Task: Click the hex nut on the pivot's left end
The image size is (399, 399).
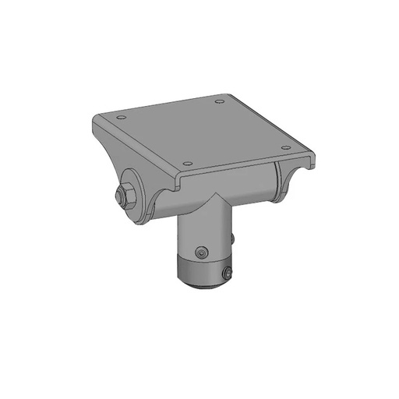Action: pyautogui.click(x=125, y=196)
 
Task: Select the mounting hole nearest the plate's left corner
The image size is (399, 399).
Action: pyautogui.click(x=120, y=118)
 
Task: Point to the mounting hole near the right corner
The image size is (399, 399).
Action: pyautogui.click(x=285, y=147)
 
